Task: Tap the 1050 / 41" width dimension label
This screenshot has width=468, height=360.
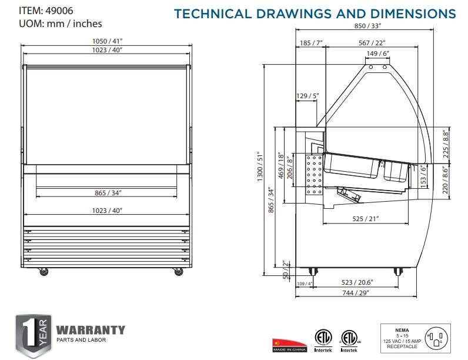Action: point(107,41)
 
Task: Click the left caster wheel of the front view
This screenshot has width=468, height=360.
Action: point(44,271)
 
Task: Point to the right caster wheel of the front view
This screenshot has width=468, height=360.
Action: point(179,271)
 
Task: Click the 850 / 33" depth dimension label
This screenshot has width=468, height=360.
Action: point(367,26)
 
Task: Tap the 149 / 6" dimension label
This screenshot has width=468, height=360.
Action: point(378,54)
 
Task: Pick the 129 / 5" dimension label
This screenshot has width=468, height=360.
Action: point(307,96)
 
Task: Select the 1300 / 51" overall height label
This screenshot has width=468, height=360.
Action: point(260,166)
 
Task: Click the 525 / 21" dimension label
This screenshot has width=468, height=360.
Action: point(365,219)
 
